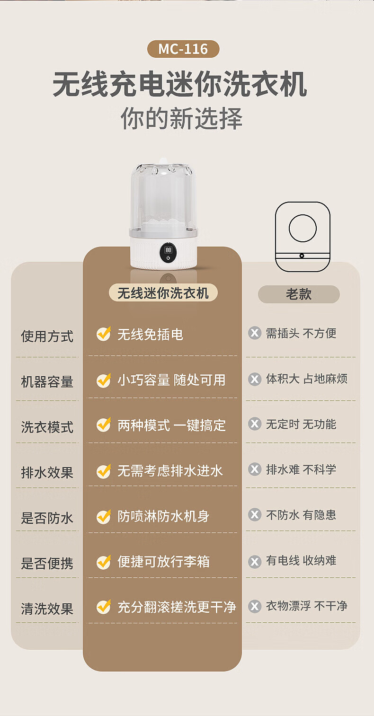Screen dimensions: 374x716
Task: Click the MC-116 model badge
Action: click(x=183, y=49)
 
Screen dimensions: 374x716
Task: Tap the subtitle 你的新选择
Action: click(x=182, y=118)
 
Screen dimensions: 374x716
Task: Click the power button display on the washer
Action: click(x=168, y=253)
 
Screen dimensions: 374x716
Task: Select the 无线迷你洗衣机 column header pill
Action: click(x=163, y=293)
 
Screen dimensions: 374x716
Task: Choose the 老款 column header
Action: click(x=299, y=294)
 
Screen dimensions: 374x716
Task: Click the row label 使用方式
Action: click(x=47, y=336)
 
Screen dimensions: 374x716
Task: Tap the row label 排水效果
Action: click(x=47, y=472)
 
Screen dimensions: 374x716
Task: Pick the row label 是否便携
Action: click(x=47, y=563)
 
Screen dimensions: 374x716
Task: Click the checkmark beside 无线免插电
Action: click(x=104, y=334)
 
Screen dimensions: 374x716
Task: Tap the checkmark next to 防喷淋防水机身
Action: click(x=104, y=517)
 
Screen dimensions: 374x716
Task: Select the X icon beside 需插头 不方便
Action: click(x=255, y=333)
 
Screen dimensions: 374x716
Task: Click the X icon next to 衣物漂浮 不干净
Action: click(x=255, y=606)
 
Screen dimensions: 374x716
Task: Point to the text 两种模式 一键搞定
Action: click(x=172, y=425)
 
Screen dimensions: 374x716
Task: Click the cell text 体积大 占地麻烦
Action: click(x=307, y=379)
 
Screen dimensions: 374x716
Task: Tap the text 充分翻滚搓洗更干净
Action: click(x=177, y=607)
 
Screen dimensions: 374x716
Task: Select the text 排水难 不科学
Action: click(x=301, y=469)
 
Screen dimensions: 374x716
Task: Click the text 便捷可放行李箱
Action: click(x=163, y=562)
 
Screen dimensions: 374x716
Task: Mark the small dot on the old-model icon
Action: click(x=302, y=256)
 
